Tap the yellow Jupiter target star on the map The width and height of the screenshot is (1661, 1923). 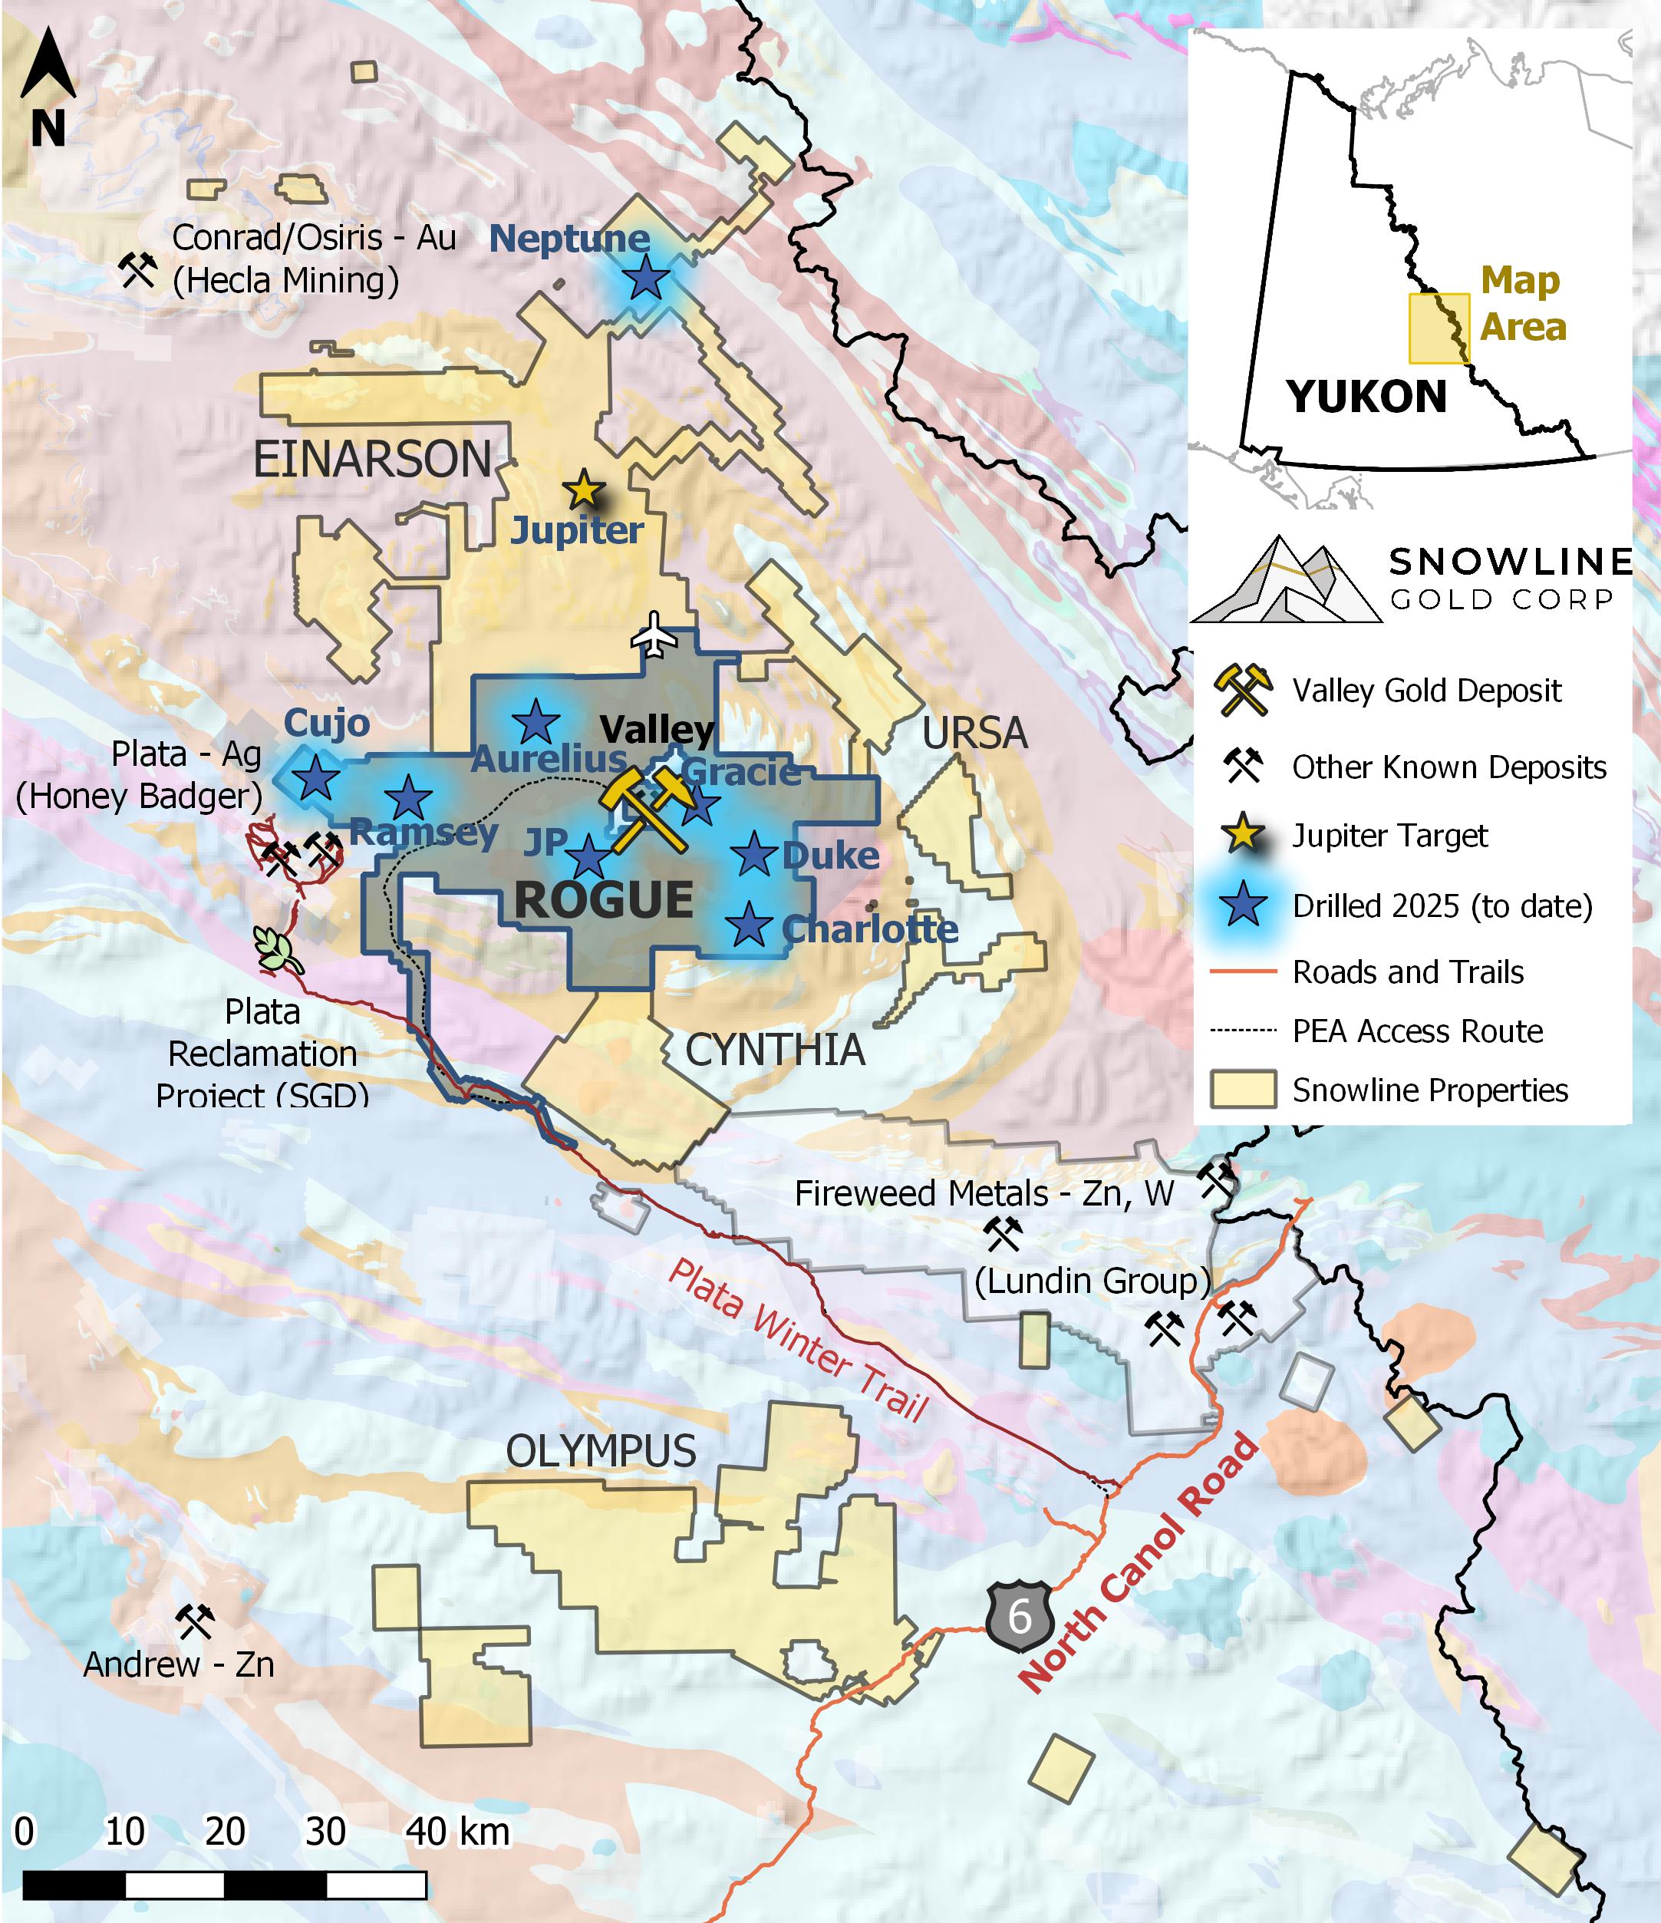(583, 489)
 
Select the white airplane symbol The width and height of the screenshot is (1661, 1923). (655, 635)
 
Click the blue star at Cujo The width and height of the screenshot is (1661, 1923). (315, 778)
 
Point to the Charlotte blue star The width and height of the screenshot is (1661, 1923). (749, 925)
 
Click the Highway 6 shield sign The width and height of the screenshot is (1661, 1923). (1020, 1616)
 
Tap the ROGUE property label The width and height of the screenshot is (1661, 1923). (603, 899)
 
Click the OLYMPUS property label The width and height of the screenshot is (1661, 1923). (601, 1450)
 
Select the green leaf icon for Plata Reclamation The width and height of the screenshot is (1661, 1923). (276, 949)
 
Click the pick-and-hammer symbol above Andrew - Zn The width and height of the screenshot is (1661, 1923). (195, 1621)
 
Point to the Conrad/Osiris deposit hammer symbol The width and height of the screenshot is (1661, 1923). (137, 270)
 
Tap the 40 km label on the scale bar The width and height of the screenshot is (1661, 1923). (457, 1831)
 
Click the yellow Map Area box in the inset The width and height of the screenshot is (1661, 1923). (1439, 328)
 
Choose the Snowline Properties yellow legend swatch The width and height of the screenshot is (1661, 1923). (1243, 1090)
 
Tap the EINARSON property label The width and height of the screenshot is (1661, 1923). (372, 460)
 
